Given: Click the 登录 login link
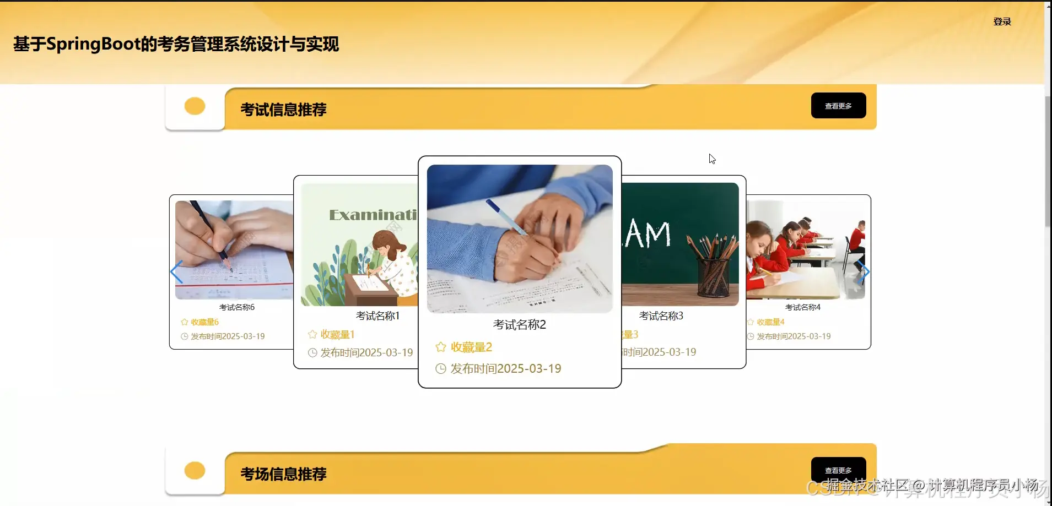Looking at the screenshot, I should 1002,21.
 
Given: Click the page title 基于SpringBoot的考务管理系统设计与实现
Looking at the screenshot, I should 176,44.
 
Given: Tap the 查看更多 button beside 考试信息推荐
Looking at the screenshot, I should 838,106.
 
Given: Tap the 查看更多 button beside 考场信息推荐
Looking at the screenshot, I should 838,470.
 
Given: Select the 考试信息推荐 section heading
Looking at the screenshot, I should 283,110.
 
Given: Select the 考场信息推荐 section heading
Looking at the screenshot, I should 283,474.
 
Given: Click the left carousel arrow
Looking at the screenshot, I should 176,272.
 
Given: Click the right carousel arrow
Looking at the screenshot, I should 864,272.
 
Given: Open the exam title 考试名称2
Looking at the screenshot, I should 519,325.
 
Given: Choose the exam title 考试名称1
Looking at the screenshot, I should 377,316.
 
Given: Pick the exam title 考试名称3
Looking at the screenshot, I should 661,316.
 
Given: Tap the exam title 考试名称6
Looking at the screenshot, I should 237,307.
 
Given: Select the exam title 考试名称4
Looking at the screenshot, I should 802,307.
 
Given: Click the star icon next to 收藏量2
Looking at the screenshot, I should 441,347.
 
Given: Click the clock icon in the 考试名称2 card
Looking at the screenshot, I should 441,369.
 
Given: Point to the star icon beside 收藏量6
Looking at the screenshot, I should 185,322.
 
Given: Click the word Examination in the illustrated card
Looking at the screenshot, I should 373,215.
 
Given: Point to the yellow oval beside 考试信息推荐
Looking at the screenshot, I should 195,106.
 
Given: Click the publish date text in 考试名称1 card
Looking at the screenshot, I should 366,353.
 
